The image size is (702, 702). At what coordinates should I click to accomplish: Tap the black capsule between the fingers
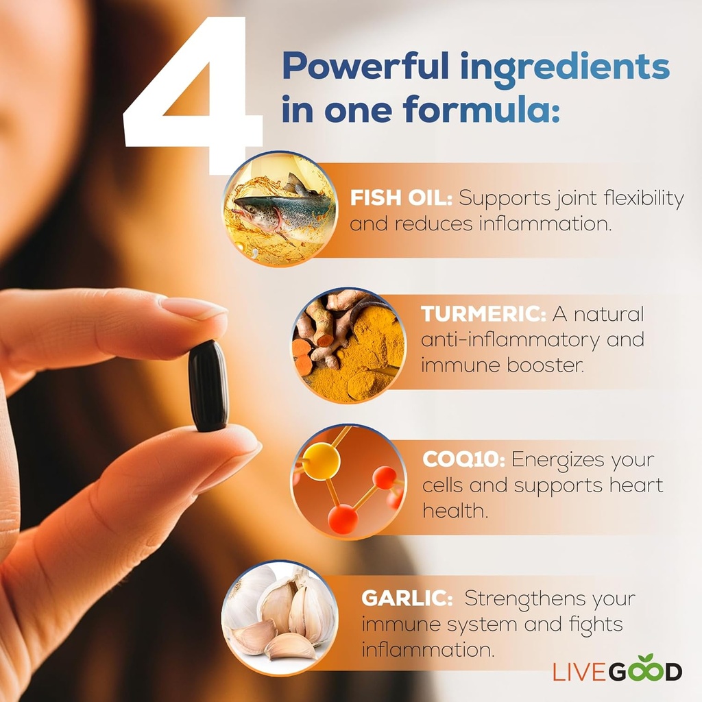tap(208, 386)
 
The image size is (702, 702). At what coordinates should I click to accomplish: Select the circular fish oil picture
tap(280, 208)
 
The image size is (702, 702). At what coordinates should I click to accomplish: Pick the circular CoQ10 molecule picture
tap(348, 480)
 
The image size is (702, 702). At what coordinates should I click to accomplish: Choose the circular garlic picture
tap(280, 618)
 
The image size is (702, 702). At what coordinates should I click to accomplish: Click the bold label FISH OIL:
tap(401, 199)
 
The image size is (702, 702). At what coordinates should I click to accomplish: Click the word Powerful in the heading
tap(365, 67)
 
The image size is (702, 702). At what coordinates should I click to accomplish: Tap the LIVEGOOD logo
tap(617, 670)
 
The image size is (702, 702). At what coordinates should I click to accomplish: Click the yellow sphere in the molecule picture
tap(321, 461)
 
